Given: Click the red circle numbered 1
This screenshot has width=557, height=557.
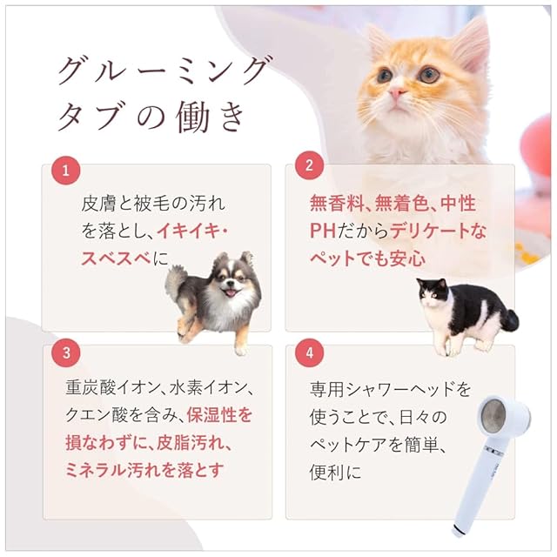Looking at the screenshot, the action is (x=66, y=171).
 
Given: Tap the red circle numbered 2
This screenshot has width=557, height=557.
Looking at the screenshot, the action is (x=309, y=165).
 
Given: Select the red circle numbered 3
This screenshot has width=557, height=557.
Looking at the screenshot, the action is (x=66, y=352).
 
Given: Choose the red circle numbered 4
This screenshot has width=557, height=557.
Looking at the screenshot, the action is (x=310, y=352).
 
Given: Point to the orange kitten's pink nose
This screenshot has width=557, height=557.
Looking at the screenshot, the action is (x=396, y=93).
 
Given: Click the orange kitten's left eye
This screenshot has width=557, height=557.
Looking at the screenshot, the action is (x=384, y=76).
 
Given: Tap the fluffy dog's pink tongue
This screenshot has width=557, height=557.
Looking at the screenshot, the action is (x=231, y=293).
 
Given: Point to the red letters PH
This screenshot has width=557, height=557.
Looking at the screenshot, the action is (x=323, y=231).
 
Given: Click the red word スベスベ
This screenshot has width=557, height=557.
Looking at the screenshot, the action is (x=117, y=258).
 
